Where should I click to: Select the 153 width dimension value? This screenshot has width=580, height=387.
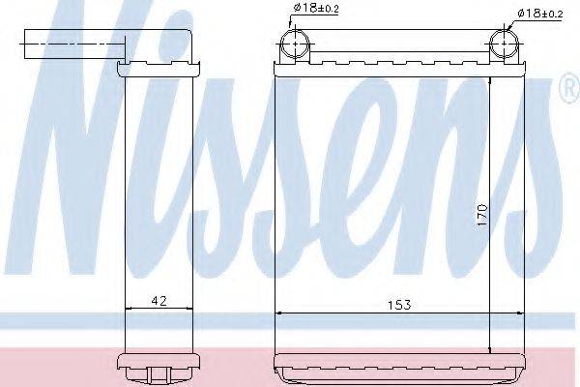click(x=398, y=304)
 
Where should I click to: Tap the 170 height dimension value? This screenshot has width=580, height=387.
click(x=480, y=215)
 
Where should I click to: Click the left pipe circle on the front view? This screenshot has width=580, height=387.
click(x=294, y=45)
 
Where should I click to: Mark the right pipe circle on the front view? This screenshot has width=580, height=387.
click(x=503, y=45)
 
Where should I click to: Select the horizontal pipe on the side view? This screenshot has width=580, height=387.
click(x=73, y=45)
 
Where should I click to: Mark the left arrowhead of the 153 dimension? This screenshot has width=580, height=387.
click(x=281, y=313)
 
